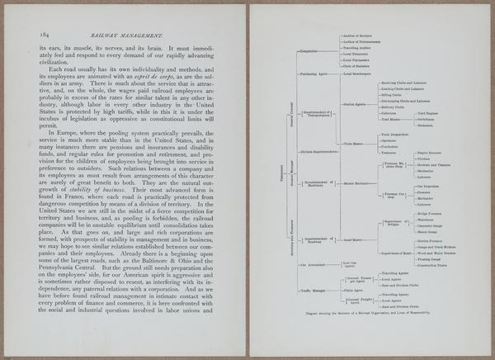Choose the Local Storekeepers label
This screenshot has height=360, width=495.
(361, 73)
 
